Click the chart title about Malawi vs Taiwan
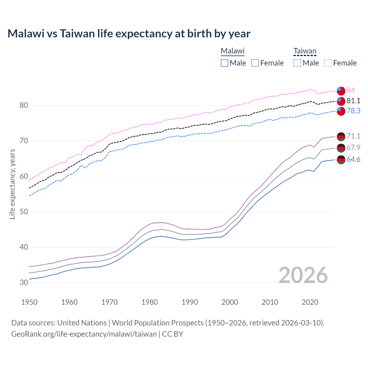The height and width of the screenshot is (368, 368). (129, 34)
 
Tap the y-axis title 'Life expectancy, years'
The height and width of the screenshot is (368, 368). (12, 184)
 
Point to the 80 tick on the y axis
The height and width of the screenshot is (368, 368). (24, 106)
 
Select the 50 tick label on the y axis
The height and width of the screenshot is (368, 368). (24, 212)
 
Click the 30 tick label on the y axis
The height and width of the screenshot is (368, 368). (24, 283)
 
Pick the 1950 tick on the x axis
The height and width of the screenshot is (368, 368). (29, 302)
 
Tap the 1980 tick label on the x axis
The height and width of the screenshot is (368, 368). (149, 302)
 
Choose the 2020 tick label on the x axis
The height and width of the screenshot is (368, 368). (310, 302)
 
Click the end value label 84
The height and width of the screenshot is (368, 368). (350, 90)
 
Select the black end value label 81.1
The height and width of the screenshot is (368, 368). (353, 101)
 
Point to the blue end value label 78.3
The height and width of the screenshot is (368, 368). (353, 111)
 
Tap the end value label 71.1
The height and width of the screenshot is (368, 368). (353, 136)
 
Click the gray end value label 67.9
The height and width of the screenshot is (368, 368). (353, 147)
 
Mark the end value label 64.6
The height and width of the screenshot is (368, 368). (353, 159)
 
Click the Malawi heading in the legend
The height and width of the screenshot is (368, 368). (233, 51)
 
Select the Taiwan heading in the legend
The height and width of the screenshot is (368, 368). (305, 51)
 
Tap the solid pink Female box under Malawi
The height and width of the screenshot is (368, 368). (255, 63)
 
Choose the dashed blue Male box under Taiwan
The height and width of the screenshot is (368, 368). (297, 63)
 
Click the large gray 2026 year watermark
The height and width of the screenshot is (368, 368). (303, 275)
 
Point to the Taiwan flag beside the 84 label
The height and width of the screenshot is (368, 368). (341, 91)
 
